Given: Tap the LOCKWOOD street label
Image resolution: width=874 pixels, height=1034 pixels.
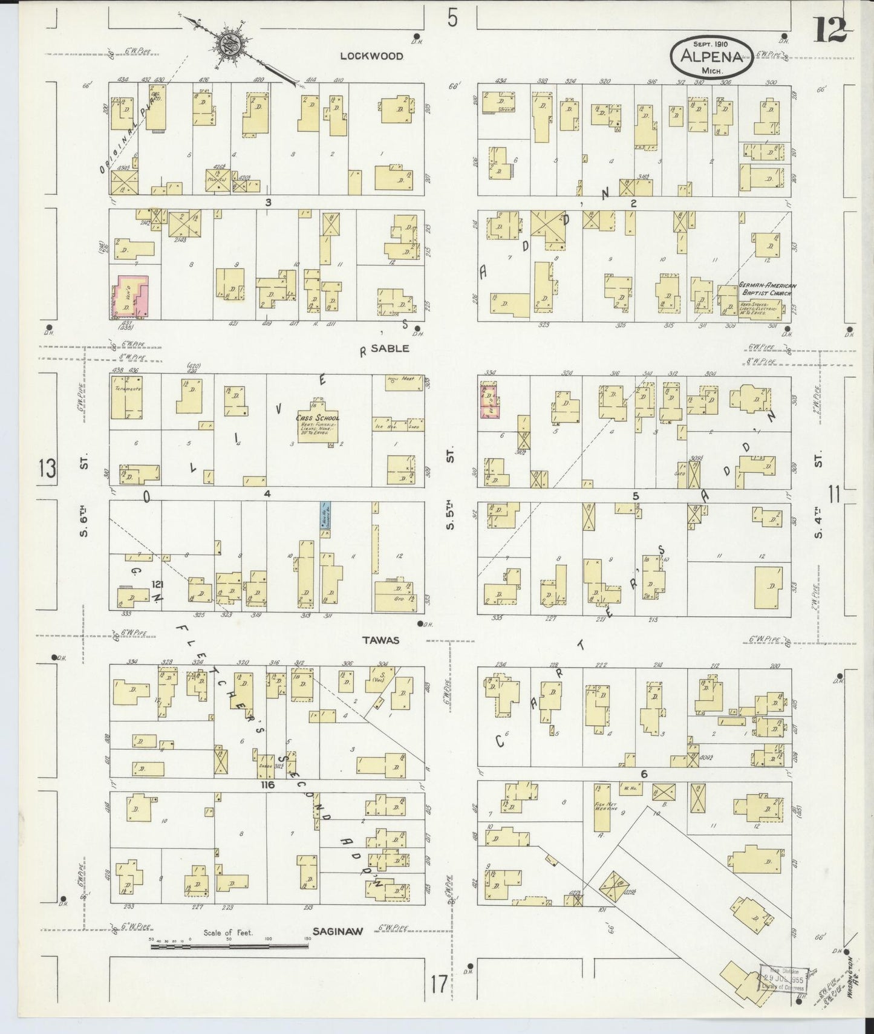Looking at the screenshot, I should pos(371,56).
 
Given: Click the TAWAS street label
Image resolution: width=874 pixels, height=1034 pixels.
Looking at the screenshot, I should pos(381,640).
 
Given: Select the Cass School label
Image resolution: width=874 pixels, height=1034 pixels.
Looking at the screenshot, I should pos(318,418).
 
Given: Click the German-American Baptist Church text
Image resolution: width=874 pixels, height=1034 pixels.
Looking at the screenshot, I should pos(768,289).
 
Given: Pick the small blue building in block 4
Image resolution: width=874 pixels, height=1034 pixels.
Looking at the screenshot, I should pos(325,515).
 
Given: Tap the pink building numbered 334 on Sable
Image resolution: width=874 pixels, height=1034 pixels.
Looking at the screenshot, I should pos(488,400).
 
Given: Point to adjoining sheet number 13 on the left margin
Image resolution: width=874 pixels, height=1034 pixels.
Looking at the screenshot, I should pos(47,469).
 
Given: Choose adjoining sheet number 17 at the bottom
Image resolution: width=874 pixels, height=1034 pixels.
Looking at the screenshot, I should pos(440,984).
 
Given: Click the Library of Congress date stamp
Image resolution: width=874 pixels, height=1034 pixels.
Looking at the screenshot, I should pos(784,978).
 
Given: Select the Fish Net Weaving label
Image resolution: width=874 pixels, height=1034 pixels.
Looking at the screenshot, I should pos(602,807).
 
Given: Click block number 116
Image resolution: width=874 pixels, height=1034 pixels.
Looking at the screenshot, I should pos(267,785).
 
